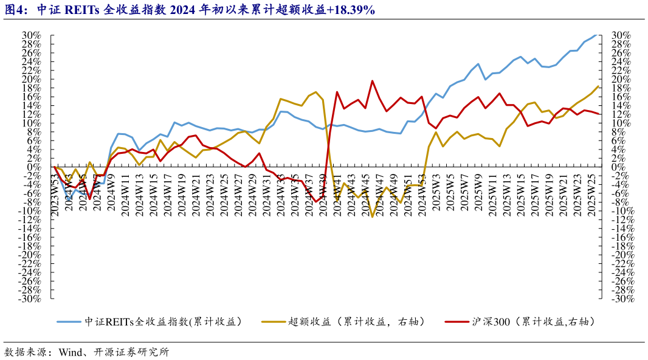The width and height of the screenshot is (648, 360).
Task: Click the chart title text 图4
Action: click(x=16, y=10)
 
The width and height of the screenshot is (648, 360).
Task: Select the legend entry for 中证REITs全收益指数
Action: click(x=163, y=321)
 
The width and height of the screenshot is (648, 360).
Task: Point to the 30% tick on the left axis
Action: click(x=31, y=35)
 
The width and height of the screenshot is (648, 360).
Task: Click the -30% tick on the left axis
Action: click(x=30, y=299)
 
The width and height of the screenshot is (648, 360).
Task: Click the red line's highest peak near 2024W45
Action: click(x=372, y=81)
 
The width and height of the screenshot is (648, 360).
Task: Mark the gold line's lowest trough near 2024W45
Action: click(x=372, y=216)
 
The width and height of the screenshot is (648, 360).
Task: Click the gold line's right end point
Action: click(x=598, y=86)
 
